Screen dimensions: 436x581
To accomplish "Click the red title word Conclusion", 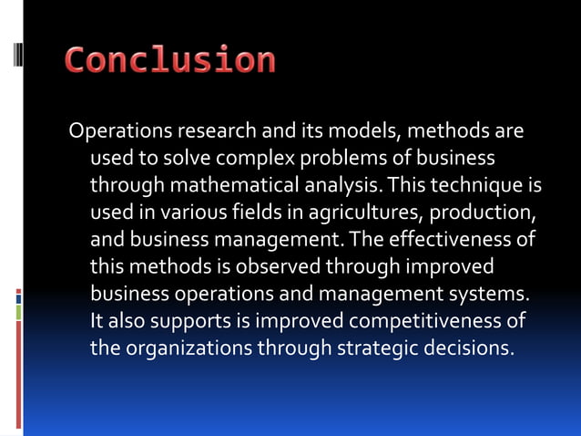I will coord(170,60).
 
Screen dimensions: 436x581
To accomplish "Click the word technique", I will coord(476,186).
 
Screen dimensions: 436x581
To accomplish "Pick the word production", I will coord(481,213).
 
